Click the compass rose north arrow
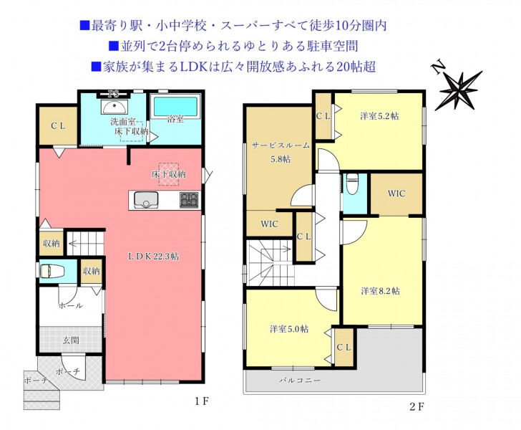coord(459,89)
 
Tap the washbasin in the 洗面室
coord(115,107)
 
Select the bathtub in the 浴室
coord(175,107)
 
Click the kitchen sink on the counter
coord(146,200)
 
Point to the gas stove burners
coord(189,200)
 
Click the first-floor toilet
coord(52,271)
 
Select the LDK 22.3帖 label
coord(153,256)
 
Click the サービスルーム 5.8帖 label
coord(281,152)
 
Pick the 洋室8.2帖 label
coord(380,291)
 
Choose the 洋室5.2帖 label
coord(379,116)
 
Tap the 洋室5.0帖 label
coord(288,329)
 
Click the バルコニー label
coord(300,380)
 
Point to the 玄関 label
coord(71,340)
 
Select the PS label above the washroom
coord(114,94)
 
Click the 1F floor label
coord(202,401)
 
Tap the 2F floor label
coord(417,406)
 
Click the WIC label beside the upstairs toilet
coord(396,193)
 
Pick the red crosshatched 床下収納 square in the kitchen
coord(169,173)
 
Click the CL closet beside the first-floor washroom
coord(58,126)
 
